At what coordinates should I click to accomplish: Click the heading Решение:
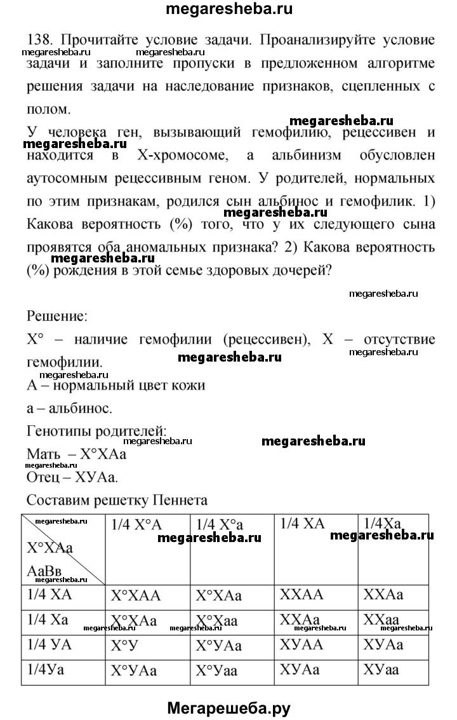tap(58, 315)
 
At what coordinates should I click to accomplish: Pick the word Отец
tap(45, 476)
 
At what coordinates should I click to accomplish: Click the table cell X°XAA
tap(136, 596)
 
